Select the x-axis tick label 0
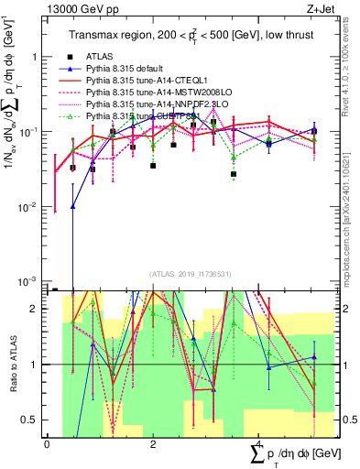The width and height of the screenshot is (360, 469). pos(47,444)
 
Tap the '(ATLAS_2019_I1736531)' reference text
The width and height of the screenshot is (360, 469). pos(183,274)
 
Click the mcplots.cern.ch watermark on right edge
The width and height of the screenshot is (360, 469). pos(352,211)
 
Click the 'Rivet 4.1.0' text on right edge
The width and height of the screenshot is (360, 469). pos(352,69)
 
